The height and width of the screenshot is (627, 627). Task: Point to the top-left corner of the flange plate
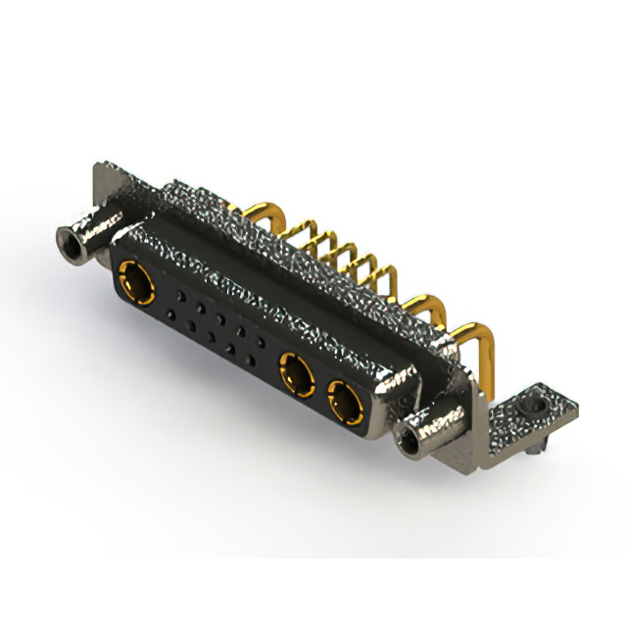click(x=99, y=168)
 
